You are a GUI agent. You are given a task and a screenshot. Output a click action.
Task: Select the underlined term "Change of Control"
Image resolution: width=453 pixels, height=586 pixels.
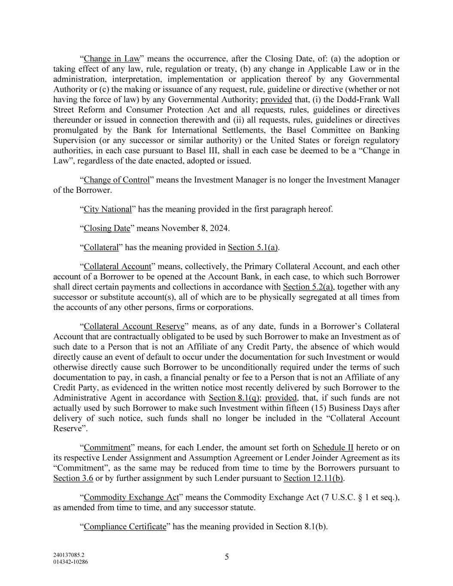(117, 180)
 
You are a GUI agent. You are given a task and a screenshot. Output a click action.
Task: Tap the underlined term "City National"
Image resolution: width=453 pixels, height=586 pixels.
(107, 209)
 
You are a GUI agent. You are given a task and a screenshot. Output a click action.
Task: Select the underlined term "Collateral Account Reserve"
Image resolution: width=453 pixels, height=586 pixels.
(134, 326)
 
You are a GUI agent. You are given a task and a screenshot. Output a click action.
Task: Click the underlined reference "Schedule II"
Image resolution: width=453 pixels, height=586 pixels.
(333, 447)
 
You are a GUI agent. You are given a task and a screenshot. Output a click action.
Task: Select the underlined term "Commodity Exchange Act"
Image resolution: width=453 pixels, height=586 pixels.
(131, 498)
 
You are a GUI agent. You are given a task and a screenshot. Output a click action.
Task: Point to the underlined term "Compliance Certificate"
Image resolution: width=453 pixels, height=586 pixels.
(125, 527)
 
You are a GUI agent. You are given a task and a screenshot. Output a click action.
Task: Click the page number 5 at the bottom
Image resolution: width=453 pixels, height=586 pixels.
(227, 557)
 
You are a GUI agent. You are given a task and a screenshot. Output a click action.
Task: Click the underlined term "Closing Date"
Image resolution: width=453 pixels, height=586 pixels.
(106, 228)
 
